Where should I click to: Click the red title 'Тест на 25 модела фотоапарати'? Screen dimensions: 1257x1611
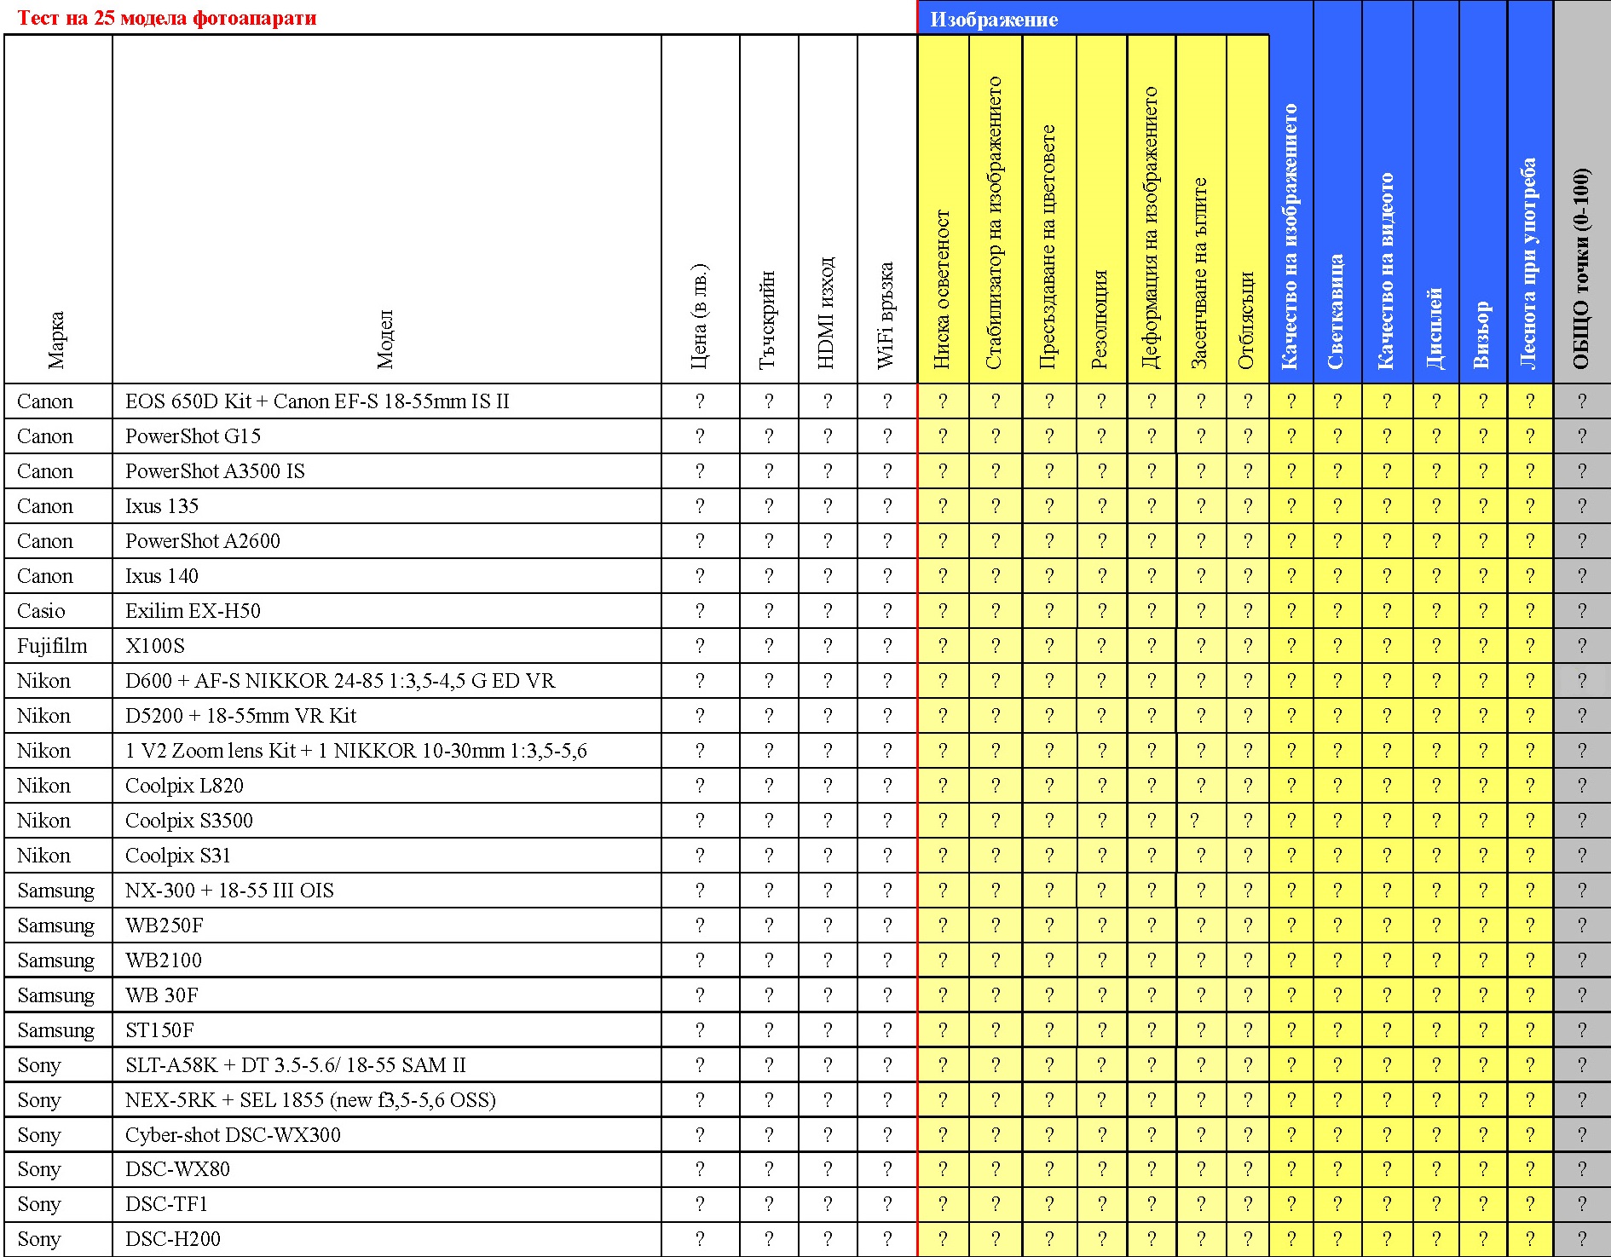(167, 18)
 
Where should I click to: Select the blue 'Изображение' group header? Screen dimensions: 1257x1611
(994, 20)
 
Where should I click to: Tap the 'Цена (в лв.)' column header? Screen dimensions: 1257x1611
(699, 316)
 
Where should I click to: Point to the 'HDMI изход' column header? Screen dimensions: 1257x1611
(826, 312)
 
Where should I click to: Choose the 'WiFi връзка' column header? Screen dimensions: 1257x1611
(886, 315)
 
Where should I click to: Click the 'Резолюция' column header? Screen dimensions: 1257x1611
(1100, 320)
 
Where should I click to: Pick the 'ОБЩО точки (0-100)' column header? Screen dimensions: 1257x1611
(1581, 268)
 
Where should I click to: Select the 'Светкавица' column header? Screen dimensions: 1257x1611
(1336, 312)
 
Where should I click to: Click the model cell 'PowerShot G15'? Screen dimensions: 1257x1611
(193, 436)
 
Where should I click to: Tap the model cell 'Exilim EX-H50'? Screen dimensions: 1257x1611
(193, 611)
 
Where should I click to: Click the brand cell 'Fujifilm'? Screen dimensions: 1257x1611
(52, 646)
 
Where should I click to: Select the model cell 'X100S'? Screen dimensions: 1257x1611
(155, 646)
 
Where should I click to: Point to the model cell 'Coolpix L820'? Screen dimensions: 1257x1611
(185, 786)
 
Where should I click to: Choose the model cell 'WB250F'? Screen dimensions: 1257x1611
(165, 925)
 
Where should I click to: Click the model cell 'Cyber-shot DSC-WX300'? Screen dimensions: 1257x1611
(233, 1135)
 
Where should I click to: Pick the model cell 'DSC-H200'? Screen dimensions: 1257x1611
(173, 1239)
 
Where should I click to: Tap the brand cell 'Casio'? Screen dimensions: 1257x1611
(41, 611)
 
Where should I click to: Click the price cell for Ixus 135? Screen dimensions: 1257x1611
(700, 506)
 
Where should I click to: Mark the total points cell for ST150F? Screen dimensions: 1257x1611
(1582, 1030)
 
